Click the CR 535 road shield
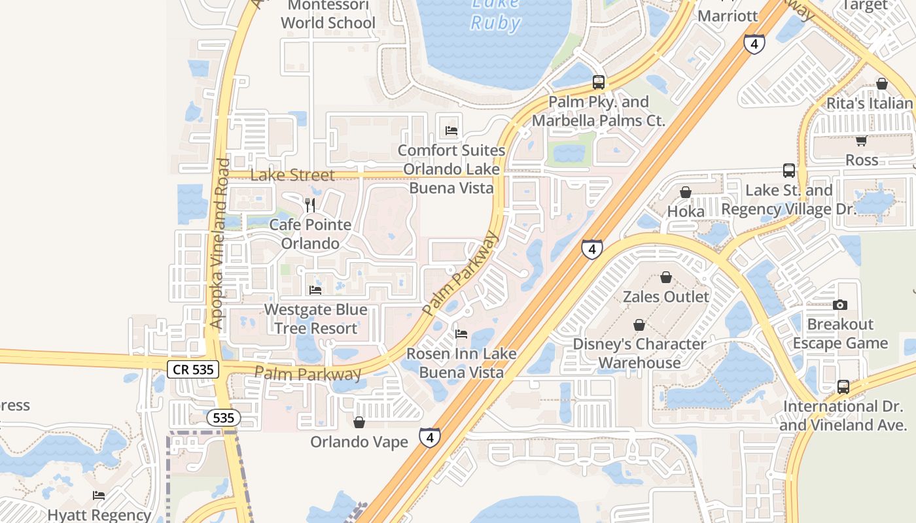194,369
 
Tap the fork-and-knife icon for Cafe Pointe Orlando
310,205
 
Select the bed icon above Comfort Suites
451,131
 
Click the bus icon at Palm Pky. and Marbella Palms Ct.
599,82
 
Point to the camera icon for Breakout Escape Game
840,305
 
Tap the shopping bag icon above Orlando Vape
359,422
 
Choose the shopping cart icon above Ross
861,141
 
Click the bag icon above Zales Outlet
666,277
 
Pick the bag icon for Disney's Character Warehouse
639,325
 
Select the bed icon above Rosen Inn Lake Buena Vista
461,334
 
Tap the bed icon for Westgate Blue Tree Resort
315,290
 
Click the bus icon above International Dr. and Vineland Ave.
843,386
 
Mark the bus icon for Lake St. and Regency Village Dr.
789,171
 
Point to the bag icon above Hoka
686,192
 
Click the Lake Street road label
292,175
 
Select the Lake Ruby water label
496,14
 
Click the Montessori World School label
328,14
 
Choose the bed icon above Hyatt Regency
99,495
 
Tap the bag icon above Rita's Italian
882,84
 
